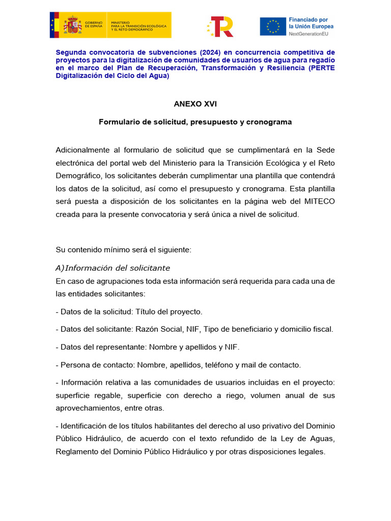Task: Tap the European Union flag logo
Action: (x=273, y=26)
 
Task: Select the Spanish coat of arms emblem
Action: (x=72, y=25)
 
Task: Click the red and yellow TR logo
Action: (x=221, y=26)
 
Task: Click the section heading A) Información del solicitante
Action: (x=113, y=268)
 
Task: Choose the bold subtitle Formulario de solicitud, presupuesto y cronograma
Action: (x=195, y=122)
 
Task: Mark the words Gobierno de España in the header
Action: (x=94, y=25)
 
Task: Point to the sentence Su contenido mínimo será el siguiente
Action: (x=124, y=250)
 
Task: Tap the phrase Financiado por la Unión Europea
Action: (x=311, y=23)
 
